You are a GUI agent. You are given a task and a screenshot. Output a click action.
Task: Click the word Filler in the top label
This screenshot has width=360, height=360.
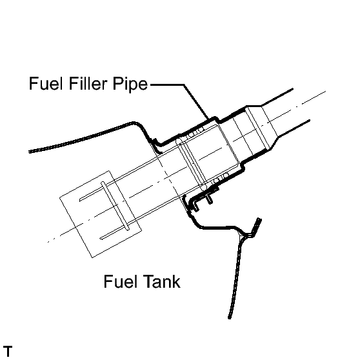coord(88,83)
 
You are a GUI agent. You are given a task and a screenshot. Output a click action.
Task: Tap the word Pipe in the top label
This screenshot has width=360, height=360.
coord(130,85)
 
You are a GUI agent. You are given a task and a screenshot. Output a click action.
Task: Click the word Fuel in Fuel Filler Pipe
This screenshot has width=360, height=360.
coord(46,83)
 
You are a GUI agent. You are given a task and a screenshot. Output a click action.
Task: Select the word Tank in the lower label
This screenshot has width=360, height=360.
coord(161,281)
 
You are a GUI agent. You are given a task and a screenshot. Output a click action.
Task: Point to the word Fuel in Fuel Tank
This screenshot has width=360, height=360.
coord(121,281)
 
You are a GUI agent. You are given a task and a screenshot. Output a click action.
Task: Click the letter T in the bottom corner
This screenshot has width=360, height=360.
coord(8,351)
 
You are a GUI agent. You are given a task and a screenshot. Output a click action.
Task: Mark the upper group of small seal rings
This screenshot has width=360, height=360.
coord(195,133)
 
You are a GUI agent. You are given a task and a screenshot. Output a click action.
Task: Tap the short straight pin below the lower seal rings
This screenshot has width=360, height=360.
coord(210,199)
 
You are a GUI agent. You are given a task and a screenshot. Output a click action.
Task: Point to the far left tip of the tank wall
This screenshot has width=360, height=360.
coord(30,152)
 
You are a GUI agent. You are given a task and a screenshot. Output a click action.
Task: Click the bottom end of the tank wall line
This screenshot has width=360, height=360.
coord(230,317)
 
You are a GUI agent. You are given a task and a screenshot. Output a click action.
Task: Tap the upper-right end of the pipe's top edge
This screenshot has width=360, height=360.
coord(292,88)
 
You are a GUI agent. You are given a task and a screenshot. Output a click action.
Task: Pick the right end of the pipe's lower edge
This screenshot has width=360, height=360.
coord(310,120)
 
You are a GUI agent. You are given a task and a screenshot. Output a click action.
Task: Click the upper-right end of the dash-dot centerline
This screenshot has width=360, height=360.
coord(325,92)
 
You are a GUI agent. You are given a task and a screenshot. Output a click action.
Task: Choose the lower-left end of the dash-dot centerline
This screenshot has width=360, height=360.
coord(48,242)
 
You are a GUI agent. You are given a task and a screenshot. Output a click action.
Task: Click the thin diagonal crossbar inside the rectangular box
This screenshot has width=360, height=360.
coord(115,206)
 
